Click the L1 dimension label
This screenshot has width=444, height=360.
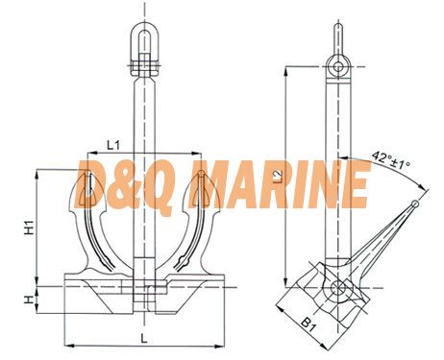[x=113, y=146]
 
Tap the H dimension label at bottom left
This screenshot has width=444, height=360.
[x=29, y=300]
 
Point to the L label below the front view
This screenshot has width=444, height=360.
[x=144, y=338]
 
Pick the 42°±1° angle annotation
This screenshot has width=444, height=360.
[x=391, y=160]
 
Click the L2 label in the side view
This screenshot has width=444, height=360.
[x=279, y=177]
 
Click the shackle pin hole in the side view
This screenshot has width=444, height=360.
[x=337, y=67]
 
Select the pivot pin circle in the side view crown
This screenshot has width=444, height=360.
[x=337, y=288]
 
